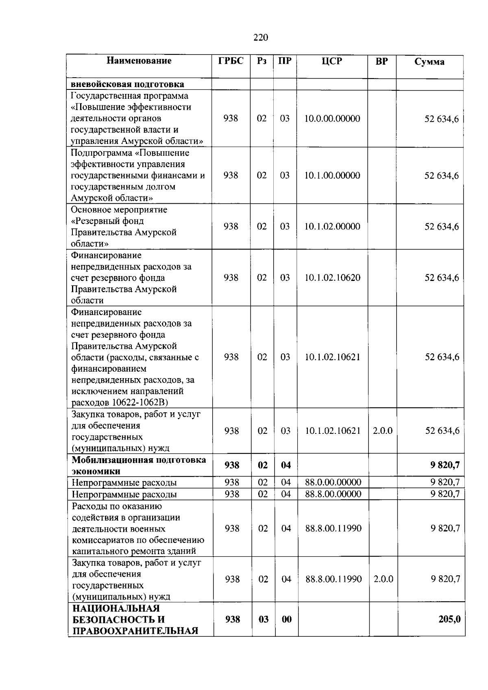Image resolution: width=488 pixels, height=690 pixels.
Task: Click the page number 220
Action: click(x=261, y=37)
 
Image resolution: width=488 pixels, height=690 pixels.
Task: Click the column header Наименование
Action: click(x=139, y=61)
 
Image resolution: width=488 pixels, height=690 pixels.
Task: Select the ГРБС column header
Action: click(x=231, y=61)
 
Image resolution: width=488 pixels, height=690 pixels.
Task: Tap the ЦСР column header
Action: click(x=332, y=61)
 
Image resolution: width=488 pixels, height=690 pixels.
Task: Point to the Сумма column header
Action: click(x=429, y=62)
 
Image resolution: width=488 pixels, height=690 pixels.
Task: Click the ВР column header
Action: click(x=381, y=61)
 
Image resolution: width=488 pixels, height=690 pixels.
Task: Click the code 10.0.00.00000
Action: click(x=332, y=119)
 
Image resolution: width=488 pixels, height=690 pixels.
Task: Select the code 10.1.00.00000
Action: click(x=332, y=175)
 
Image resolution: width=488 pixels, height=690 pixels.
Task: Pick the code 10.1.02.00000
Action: click(x=332, y=226)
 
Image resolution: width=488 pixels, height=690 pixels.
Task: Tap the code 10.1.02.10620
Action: click(x=332, y=278)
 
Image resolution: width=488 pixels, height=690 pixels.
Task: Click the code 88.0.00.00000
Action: click(x=333, y=482)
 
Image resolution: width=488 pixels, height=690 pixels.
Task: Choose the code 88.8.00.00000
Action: click(x=333, y=494)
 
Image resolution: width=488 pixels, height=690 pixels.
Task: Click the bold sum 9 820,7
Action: click(x=445, y=465)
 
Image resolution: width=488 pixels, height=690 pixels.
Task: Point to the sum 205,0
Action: click(x=449, y=619)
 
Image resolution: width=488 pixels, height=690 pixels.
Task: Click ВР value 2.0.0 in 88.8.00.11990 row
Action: click(x=383, y=579)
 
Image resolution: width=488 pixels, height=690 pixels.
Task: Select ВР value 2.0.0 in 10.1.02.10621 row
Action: click(x=383, y=431)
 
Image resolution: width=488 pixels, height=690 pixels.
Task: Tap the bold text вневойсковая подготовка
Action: click(x=127, y=84)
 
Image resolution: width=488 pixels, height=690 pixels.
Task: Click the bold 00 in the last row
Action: click(x=287, y=619)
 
